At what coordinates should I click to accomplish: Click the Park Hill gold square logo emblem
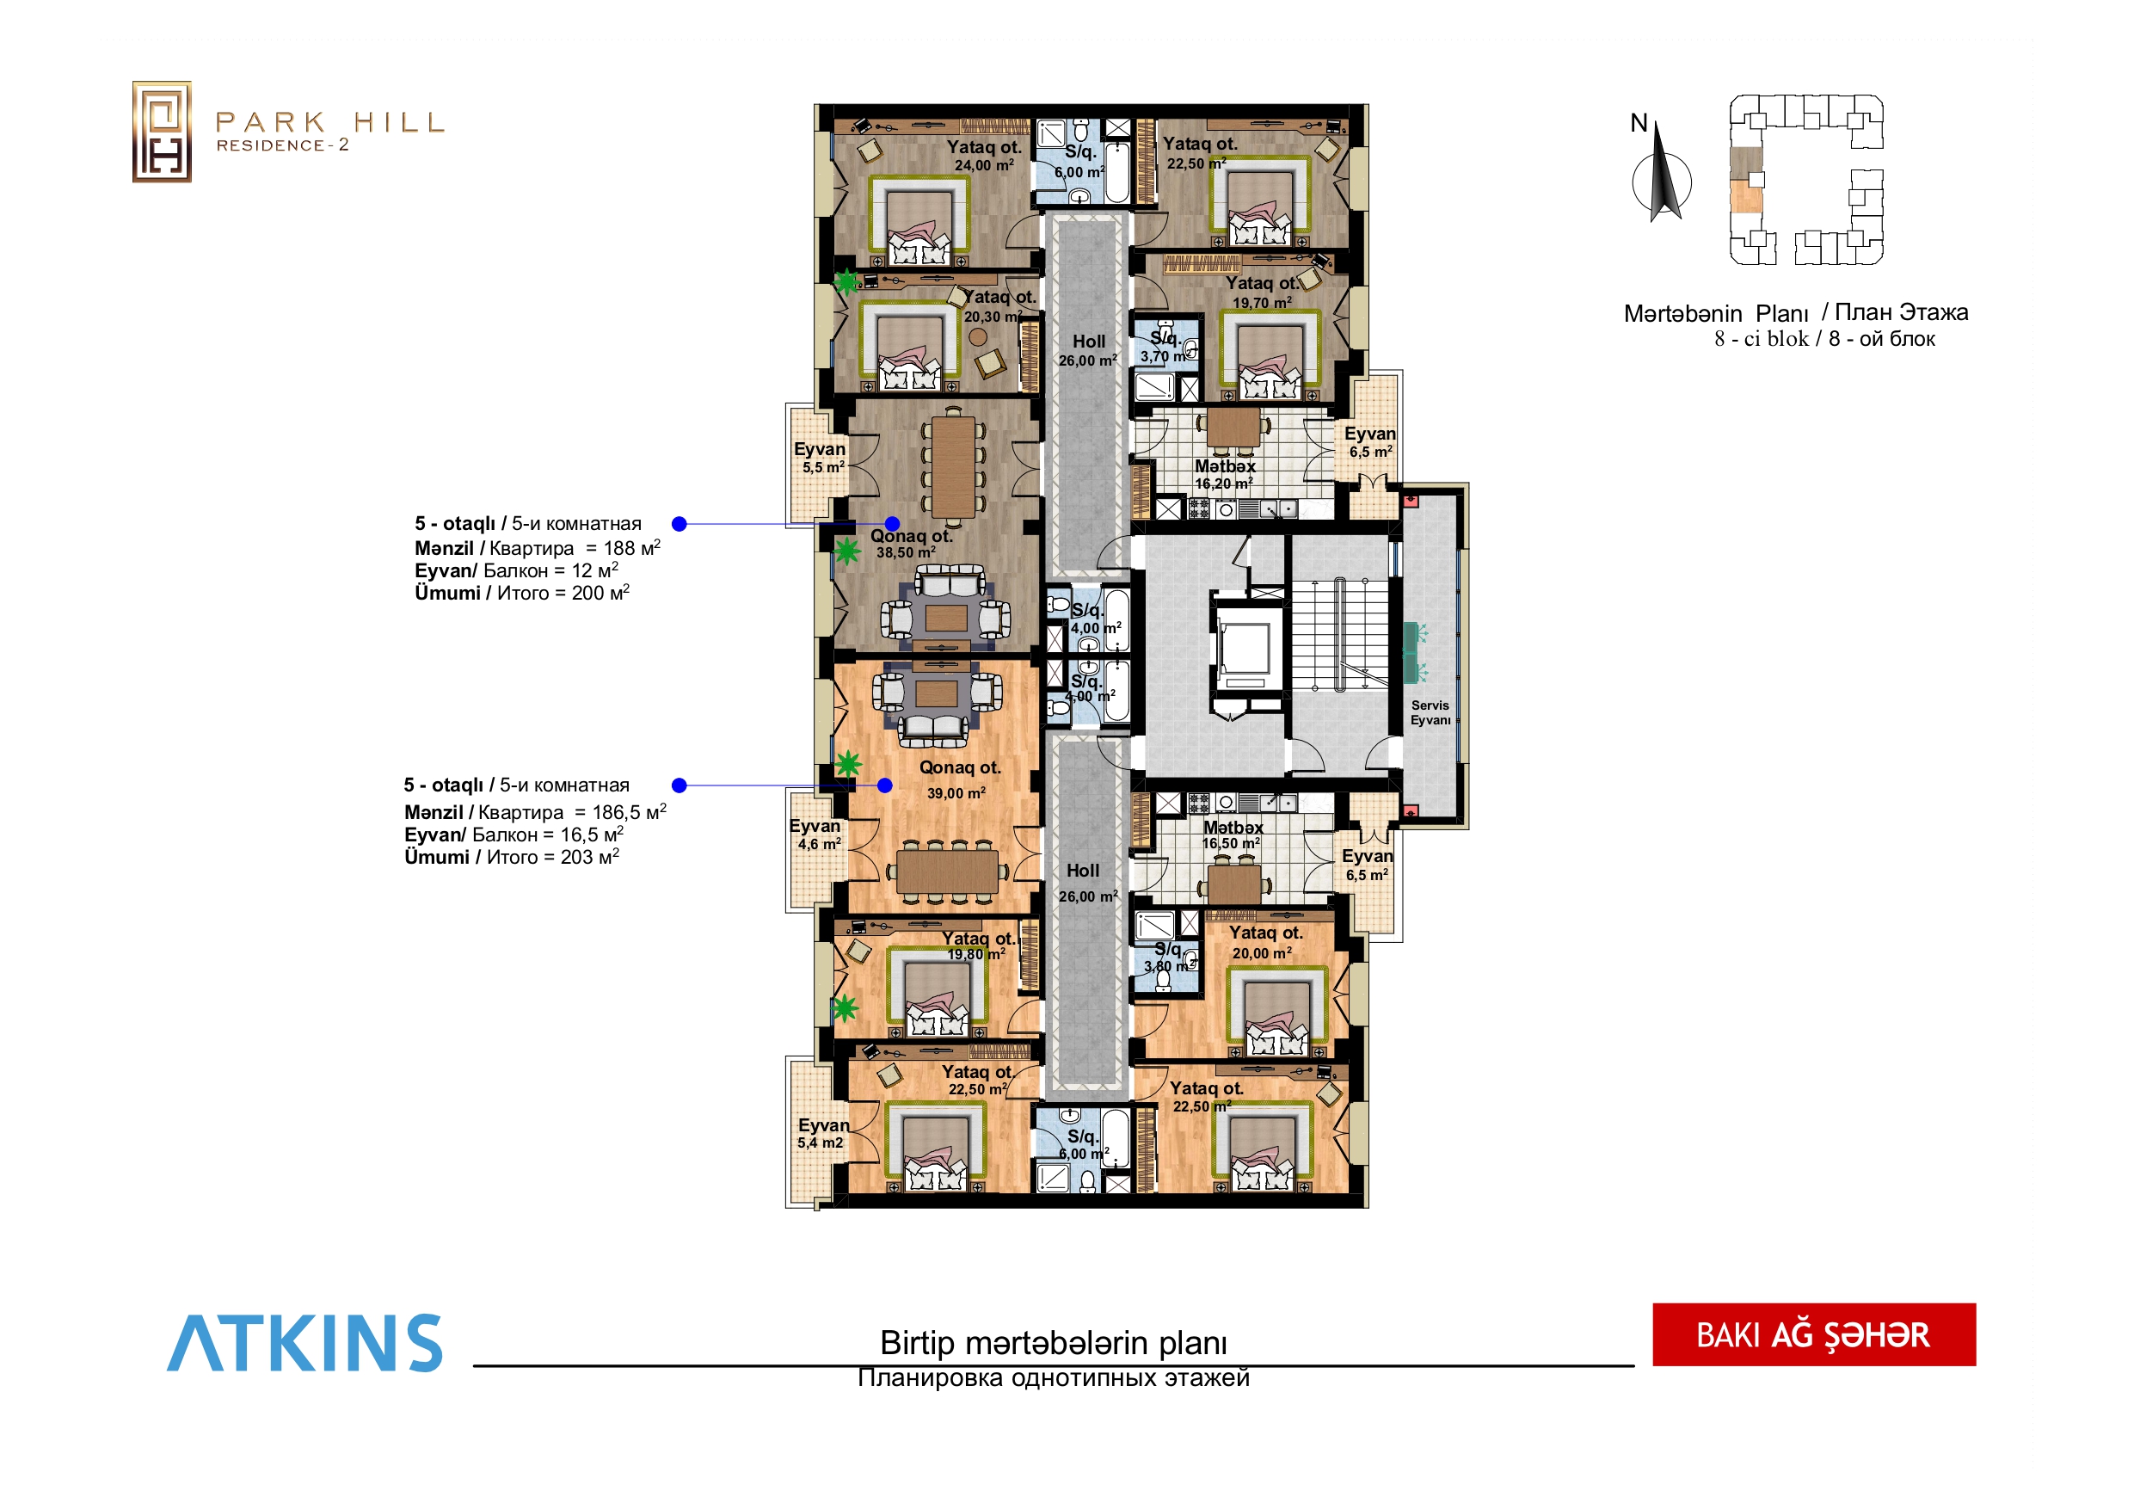coord(162,132)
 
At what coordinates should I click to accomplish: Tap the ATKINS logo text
coord(304,1344)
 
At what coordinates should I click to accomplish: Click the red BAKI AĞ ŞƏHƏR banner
coord(1813,1335)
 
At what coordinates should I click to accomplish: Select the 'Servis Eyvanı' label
coord(1430,713)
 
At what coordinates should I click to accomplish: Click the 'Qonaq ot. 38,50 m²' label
coord(911,544)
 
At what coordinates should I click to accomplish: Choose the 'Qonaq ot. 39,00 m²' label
coord(959,779)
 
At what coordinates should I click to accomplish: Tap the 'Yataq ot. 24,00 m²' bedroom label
coord(983,155)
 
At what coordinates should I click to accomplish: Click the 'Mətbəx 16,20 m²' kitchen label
coord(1225,474)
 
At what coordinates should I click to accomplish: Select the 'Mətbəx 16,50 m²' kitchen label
coord(1233,834)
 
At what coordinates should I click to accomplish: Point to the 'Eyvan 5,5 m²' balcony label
coord(820,458)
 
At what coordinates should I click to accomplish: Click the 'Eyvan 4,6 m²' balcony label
coord(815,834)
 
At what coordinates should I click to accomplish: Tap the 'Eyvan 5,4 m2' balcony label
coord(822,1133)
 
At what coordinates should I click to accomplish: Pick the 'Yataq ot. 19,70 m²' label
coord(1262,292)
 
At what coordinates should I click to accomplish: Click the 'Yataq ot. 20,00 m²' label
coord(1264,942)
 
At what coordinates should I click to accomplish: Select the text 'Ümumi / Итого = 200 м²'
coord(521,592)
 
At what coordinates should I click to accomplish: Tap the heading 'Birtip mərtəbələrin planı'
coord(1053,1344)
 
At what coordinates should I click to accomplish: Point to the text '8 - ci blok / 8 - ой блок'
coord(1824,338)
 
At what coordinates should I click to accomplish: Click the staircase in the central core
coord(1339,635)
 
